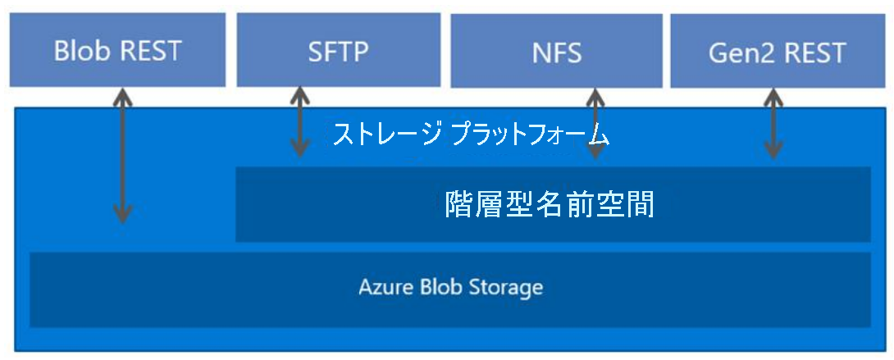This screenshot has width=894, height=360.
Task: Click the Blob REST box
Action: point(117,51)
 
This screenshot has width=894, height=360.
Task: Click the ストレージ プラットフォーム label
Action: point(471,134)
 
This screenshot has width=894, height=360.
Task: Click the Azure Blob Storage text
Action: point(450,289)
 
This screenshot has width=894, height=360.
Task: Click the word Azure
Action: point(381,289)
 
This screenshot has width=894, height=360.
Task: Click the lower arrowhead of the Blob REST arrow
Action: point(122,215)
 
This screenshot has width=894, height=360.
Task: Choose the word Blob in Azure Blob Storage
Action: point(440,289)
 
